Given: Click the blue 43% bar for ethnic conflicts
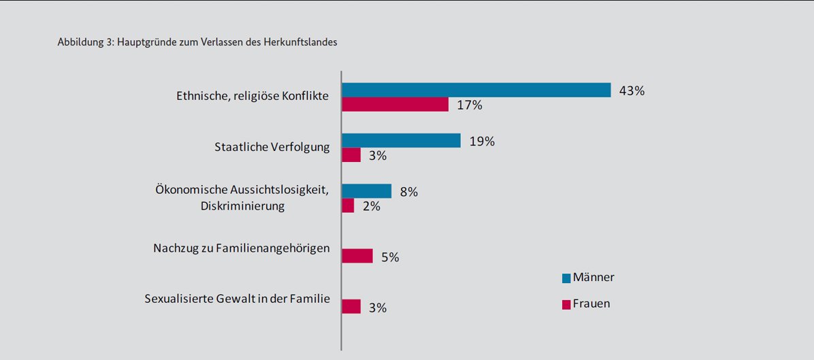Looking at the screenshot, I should tap(476, 90).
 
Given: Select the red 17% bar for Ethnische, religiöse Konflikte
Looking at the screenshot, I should tap(395, 104).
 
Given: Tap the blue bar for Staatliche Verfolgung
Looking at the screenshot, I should tap(401, 140).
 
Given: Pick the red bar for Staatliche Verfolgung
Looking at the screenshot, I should tap(351, 155).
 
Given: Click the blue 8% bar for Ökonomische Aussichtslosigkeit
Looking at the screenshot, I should tap(366, 191).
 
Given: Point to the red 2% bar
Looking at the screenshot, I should tap(348, 206).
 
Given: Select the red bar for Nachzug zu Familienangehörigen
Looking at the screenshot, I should tap(357, 256).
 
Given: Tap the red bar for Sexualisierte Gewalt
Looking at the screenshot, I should tap(351, 306).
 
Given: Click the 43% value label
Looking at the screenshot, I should tap(632, 91).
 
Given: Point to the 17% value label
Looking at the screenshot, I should tap(470, 105).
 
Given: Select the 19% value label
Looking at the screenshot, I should tap(481, 142).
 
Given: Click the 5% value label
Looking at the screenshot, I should tap(390, 257).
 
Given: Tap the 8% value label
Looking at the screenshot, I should tap(408, 192).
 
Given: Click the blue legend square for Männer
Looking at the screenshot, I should tap(566, 278).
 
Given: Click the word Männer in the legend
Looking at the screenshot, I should tap(593, 278).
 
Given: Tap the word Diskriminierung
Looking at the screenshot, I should tap(242, 206).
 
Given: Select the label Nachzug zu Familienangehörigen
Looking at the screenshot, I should tap(242, 248).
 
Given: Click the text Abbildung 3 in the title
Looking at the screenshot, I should tap(85, 42).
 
